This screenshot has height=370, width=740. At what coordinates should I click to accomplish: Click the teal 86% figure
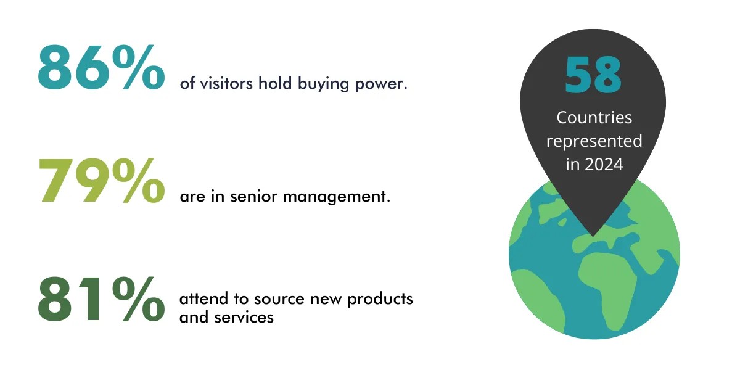coord(101,67)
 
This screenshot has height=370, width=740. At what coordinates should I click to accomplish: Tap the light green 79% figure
coord(101,180)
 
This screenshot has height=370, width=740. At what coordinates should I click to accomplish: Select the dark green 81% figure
coord(101,299)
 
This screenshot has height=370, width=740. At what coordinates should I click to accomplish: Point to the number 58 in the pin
coord(593,75)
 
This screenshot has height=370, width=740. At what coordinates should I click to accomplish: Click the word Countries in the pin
coord(594,118)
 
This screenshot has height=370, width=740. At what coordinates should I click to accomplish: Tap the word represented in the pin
coord(594,141)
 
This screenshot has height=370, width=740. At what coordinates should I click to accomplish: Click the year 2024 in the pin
coord(604,164)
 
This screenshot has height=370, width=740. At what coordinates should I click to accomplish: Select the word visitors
coord(226,83)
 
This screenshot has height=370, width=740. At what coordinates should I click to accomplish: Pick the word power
coord(381,84)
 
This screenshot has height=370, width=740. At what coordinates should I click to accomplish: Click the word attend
coord(204,298)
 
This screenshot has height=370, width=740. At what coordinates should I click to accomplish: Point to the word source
coord(279,299)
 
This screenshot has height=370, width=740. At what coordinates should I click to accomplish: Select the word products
coord(380,299)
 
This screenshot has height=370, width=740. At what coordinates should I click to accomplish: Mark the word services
coord(244,318)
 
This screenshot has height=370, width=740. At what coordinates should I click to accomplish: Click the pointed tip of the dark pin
coord(593,237)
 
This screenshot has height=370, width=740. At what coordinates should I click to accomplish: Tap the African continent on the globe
coord(608,284)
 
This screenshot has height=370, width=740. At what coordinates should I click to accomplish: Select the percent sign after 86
coord(138,67)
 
